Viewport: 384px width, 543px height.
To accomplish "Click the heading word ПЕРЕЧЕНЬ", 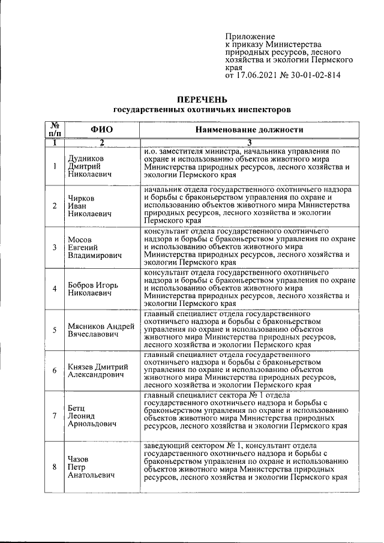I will tap(202, 99).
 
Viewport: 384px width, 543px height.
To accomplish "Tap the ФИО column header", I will tap(102, 129).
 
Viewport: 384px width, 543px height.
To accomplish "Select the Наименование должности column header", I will tap(249, 129).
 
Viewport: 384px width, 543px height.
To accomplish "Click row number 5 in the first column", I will tap(55, 329).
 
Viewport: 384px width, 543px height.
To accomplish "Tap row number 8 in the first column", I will tap(55, 467).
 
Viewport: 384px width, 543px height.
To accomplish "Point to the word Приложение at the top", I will tap(250, 37).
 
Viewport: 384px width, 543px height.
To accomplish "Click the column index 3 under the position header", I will tap(249, 142).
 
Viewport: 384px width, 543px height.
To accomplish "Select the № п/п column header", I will tap(55, 129).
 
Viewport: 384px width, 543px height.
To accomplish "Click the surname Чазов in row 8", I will tap(79, 459).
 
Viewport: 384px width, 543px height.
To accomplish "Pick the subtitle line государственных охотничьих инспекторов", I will tap(202, 110).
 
